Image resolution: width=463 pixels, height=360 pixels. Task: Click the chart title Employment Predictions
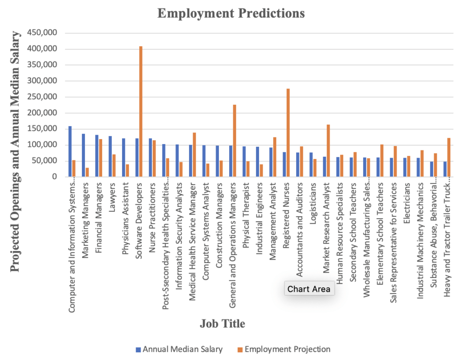pos(231,14)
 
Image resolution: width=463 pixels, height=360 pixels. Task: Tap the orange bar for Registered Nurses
pos(288,133)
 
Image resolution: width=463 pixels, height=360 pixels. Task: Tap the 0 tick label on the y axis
pos(54,177)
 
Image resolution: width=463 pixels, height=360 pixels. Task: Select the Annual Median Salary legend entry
pos(179,349)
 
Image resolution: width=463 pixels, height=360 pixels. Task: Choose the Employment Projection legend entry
pos(283,349)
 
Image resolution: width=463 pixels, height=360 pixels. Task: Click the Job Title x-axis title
pos(223,324)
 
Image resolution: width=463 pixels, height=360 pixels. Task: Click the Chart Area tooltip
pos(309,289)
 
